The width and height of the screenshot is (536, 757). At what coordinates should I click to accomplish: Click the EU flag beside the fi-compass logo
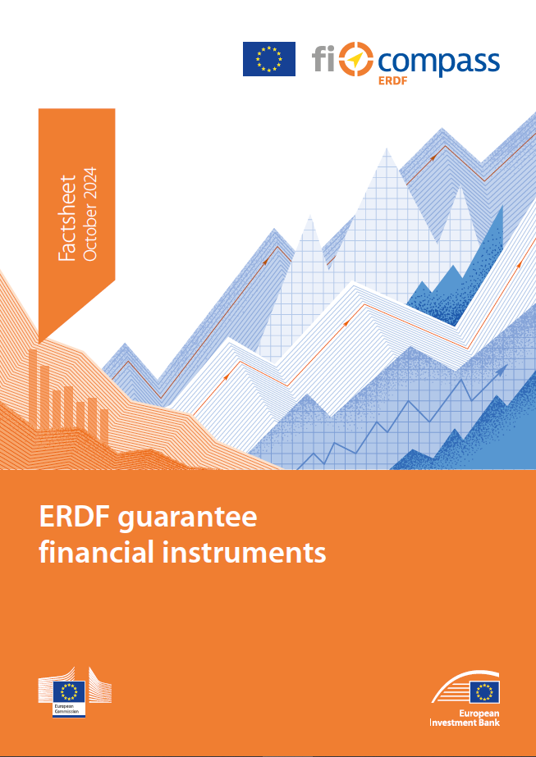coord(268,59)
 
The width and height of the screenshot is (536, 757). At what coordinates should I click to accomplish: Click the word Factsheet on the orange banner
coord(66,217)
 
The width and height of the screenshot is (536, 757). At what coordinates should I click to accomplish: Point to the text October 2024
coord(90,215)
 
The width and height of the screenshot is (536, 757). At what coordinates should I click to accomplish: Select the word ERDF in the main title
coord(75,518)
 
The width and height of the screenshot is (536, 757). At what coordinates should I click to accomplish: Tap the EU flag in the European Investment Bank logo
coord(484,692)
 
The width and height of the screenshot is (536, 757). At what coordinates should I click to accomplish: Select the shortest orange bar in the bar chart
coord(104,425)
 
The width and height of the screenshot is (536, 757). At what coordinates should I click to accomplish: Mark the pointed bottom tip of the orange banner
coord(39,343)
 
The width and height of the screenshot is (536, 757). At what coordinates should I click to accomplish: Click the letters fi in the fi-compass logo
coord(324,59)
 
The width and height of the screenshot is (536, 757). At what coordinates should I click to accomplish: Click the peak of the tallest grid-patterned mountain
coord(386,148)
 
